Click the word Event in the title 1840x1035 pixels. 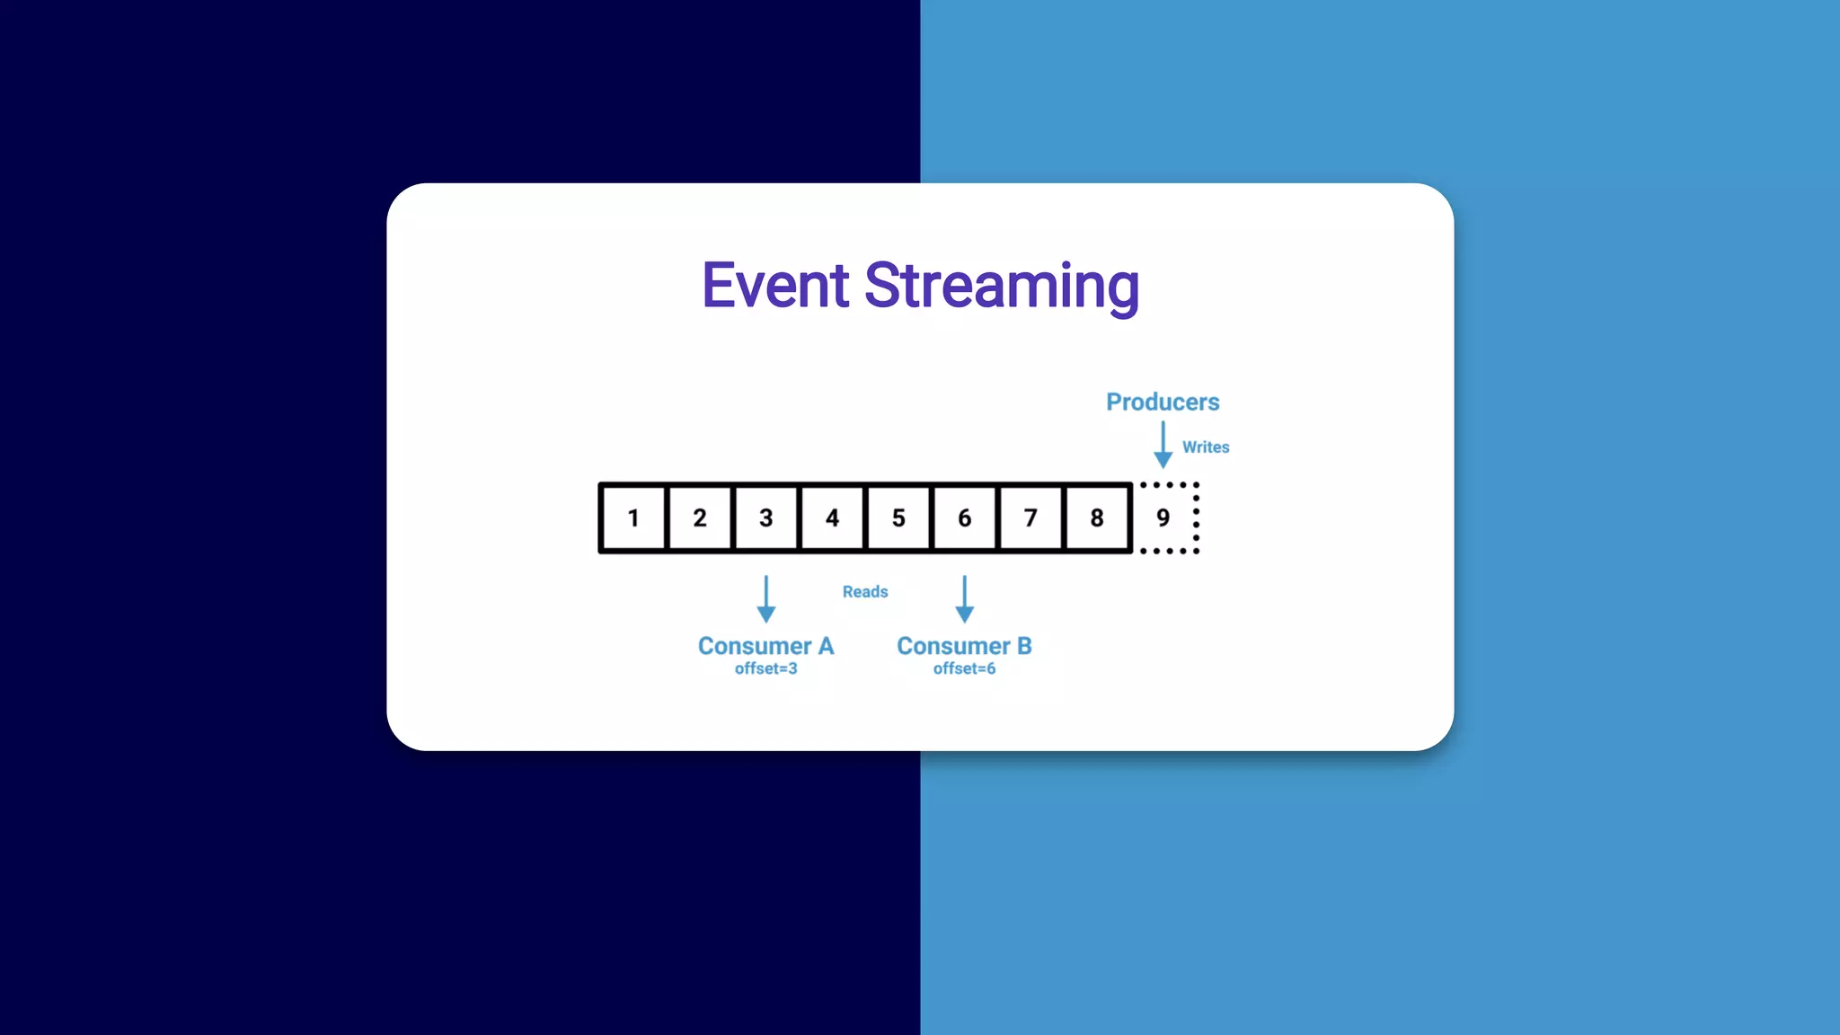[774, 286]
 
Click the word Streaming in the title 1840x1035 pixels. [1001, 286]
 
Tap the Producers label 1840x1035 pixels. [1163, 402]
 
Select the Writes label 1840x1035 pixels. [1205, 447]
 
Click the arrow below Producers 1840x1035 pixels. [1163, 445]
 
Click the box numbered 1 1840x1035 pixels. [633, 517]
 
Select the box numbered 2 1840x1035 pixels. [700, 517]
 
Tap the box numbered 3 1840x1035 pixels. [765, 517]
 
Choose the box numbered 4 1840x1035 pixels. [832, 517]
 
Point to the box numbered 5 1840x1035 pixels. [898, 517]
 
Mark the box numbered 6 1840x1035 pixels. [964, 517]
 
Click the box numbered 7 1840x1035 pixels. [1031, 517]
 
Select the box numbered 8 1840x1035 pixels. [1097, 517]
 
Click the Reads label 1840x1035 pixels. [864, 591]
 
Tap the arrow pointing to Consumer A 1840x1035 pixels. [765, 599]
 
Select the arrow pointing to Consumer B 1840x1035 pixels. [964, 599]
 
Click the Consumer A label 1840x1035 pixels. [765, 646]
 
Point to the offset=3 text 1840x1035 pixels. [765, 668]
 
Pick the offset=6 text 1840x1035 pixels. [964, 668]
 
